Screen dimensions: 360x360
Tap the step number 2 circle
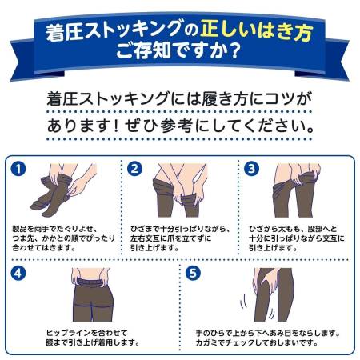click(135, 168)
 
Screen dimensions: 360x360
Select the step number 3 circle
click(251, 168)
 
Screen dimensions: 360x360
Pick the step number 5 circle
click(193, 273)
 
